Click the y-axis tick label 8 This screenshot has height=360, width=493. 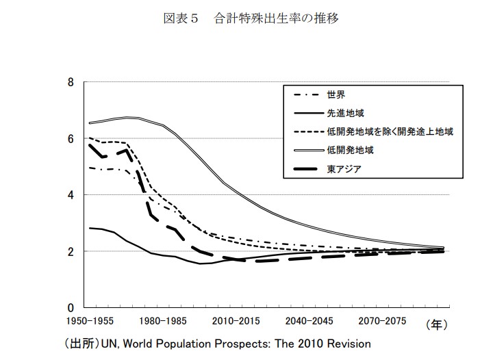click(71, 82)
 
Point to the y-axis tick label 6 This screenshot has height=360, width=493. click(71, 138)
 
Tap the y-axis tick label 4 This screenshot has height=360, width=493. click(71, 194)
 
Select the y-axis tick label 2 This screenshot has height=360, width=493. click(71, 251)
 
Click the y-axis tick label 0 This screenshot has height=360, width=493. click(71, 307)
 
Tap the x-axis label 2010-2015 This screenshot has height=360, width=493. click(237, 320)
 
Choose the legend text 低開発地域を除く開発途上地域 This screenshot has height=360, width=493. click(390, 130)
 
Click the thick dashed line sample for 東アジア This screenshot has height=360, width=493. click(307, 167)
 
